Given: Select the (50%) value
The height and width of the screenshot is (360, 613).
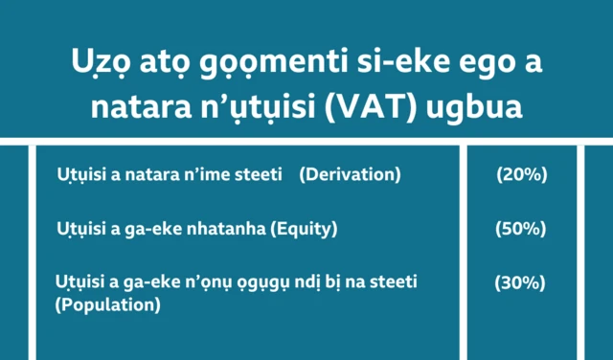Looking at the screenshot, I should (x=521, y=229).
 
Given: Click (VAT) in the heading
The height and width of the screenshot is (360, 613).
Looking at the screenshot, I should (x=392, y=105).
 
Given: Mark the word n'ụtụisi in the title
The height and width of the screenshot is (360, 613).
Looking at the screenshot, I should (x=258, y=105).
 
